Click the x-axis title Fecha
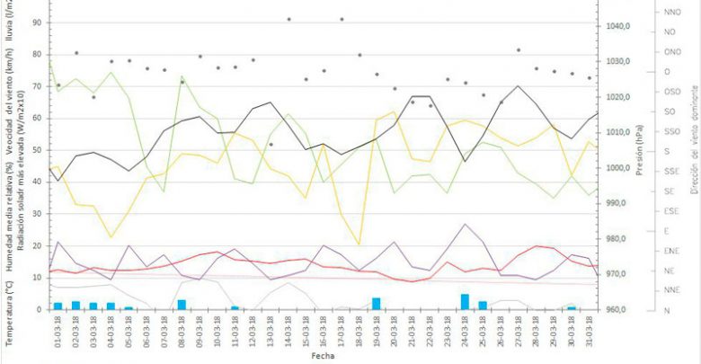(323, 356)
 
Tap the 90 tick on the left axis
(37, 22)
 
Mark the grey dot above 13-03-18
(271, 145)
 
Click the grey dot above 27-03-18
(519, 50)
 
